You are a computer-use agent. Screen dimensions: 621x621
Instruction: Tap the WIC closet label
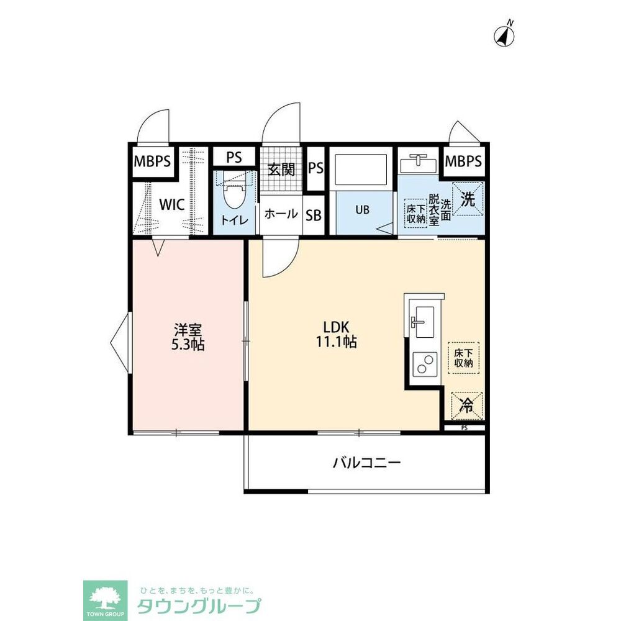click(172, 205)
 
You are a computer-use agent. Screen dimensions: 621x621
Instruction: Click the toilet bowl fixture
click(233, 193)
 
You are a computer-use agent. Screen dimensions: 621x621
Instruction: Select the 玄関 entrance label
click(281, 169)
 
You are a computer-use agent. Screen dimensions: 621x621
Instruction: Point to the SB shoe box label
click(313, 215)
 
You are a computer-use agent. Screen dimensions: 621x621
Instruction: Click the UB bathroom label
click(362, 209)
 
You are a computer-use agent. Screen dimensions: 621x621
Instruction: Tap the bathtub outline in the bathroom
click(361, 170)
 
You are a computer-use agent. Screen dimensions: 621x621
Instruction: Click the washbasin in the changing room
click(418, 163)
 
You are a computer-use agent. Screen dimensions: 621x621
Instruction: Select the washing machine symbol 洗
click(468, 199)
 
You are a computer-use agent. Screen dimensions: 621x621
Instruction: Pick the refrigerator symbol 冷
click(468, 405)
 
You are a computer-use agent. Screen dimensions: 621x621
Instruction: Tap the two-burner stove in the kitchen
click(425, 364)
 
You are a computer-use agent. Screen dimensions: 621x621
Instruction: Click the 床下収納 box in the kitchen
click(463, 358)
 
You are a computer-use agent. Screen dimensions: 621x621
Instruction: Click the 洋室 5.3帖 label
click(188, 337)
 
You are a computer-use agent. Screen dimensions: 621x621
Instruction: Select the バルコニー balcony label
click(367, 462)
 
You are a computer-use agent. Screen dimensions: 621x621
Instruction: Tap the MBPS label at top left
click(153, 161)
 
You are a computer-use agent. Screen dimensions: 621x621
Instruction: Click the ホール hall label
click(281, 214)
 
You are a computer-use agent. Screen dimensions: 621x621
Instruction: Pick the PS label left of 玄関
click(233, 157)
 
